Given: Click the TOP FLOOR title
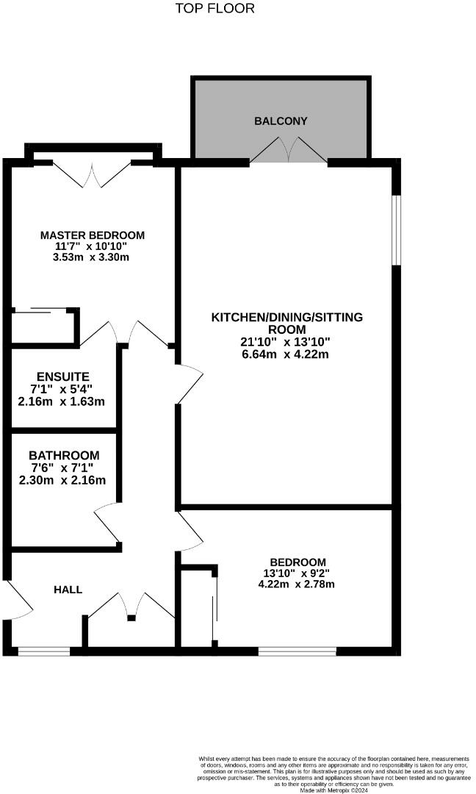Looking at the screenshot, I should (x=215, y=9).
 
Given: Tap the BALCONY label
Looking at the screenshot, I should (x=281, y=121).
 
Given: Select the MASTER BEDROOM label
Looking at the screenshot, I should (x=93, y=235).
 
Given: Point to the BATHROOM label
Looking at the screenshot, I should (x=64, y=455).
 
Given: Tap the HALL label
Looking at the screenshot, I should (x=68, y=590).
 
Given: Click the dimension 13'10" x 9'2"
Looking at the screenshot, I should (x=297, y=573).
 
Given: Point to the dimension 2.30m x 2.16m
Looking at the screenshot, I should (x=63, y=480).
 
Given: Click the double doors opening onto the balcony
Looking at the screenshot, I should (x=289, y=152).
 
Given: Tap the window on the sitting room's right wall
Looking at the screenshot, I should (x=395, y=229).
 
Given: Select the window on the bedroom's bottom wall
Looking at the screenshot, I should (x=297, y=651).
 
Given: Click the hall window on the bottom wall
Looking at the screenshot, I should (x=44, y=651).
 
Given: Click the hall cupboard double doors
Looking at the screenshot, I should (x=131, y=604).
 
